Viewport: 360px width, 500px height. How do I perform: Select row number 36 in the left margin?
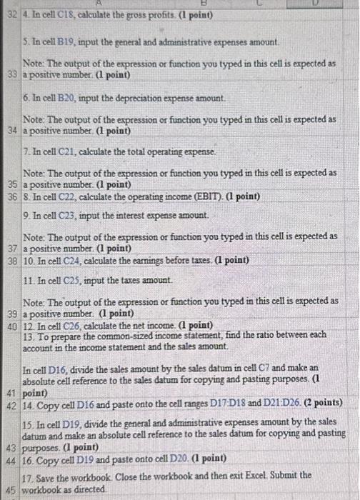[x=11, y=196]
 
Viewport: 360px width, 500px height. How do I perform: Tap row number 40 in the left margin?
[x=11, y=326]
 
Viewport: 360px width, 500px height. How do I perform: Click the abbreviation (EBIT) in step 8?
[x=205, y=196]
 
